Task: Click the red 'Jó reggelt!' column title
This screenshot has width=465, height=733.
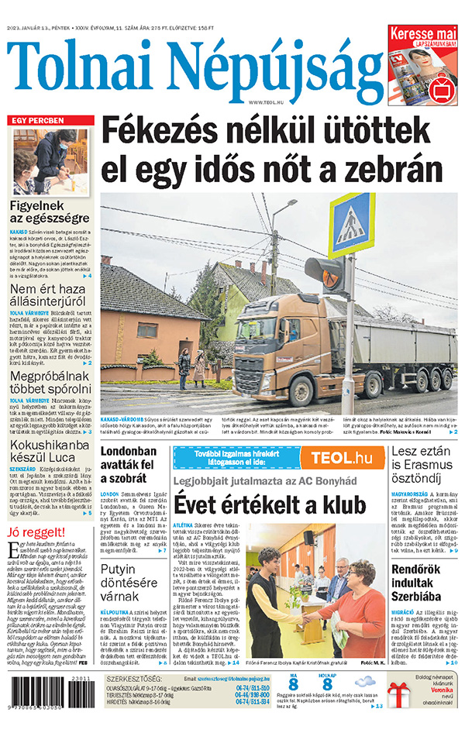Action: click(x=36, y=532)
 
